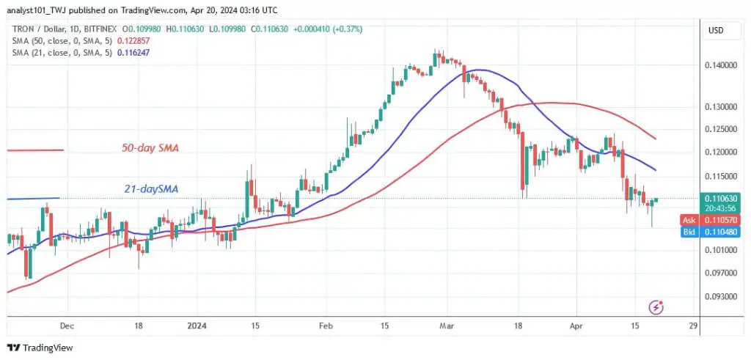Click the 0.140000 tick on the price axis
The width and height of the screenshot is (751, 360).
click(719, 66)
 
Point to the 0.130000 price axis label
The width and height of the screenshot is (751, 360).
click(719, 107)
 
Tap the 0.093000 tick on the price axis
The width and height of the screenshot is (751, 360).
click(719, 297)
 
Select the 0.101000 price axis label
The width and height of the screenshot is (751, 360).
click(719, 250)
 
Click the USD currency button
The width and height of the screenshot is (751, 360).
click(716, 30)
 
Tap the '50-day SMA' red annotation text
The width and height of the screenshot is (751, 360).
click(150, 148)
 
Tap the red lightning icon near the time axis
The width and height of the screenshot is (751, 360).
click(658, 306)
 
